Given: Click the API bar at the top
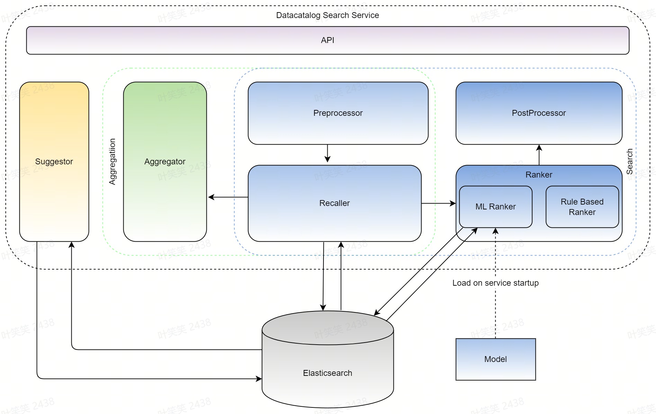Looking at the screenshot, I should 327,40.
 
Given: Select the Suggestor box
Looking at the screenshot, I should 54,162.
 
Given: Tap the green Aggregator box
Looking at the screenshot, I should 165,162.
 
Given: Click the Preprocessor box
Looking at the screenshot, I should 338,113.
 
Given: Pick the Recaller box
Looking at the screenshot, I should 334,203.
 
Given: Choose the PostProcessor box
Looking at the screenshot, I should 539,113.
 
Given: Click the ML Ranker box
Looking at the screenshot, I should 495,207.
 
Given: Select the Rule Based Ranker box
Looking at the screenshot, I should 582,207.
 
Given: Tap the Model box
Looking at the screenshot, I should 495,359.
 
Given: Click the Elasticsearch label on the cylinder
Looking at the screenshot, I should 327,373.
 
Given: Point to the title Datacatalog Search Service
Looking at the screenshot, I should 327,15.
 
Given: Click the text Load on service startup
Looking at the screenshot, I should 495,283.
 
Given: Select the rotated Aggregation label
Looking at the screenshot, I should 112,162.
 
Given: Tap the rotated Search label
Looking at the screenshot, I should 629,162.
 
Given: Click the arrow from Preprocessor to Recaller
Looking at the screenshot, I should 327,153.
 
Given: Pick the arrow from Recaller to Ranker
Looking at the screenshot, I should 438,204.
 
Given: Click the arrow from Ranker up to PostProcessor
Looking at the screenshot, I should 539,155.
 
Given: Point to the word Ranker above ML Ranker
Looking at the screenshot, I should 539,175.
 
